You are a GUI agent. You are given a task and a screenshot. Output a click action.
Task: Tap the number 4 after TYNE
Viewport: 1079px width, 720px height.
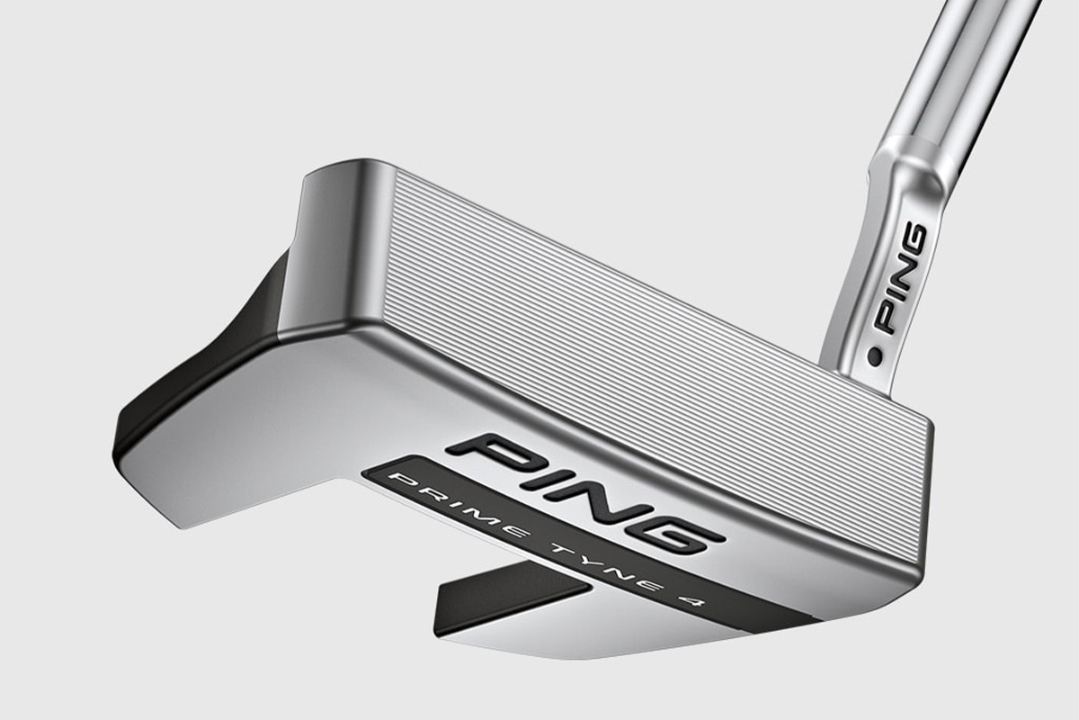(x=694, y=605)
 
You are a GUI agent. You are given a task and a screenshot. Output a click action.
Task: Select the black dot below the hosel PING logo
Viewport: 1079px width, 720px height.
(x=875, y=357)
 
